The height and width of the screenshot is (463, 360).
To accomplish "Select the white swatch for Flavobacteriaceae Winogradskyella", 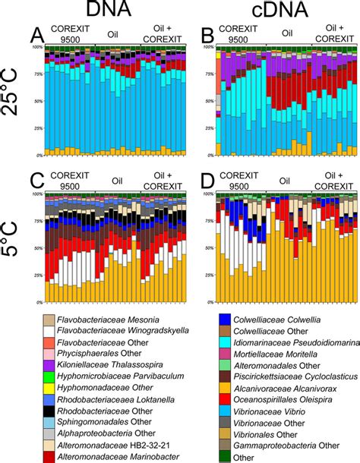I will click(x=49, y=329).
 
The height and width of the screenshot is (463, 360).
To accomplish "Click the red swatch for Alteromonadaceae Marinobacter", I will click(x=49, y=456).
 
